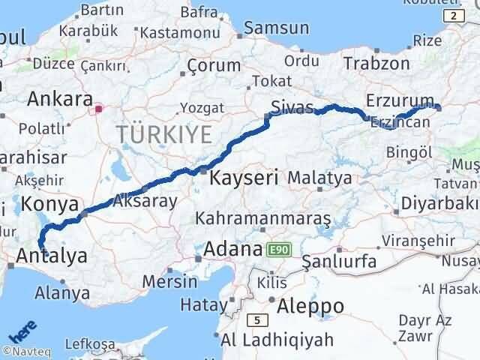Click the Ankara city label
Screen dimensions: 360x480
pos(59,99)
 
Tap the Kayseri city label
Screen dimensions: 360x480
pos(244,178)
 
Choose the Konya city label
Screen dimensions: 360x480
pos(50,204)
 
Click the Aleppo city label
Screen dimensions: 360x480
pos(310,306)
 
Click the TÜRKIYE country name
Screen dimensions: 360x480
pos(163,135)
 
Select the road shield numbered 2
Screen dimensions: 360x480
pos(452,15)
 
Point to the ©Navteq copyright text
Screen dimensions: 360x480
pos(25,350)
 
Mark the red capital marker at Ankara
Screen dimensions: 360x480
pos(98,108)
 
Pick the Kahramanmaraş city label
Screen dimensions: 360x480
pos(263,218)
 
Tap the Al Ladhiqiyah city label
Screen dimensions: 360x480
pos(277,340)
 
